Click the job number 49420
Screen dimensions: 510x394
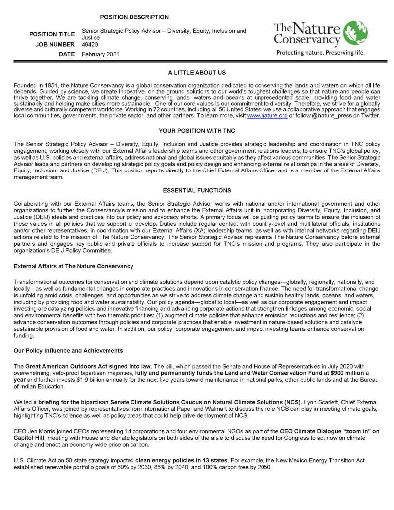click(x=90, y=45)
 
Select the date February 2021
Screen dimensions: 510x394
click(x=101, y=54)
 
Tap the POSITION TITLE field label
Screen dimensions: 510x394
click(x=52, y=35)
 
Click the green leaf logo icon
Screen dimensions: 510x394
click(x=355, y=33)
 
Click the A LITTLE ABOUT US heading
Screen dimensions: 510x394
click(x=197, y=73)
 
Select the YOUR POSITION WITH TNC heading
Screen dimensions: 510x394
click(x=197, y=131)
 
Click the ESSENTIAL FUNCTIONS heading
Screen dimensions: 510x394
click(x=197, y=190)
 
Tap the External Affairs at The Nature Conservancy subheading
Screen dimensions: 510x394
click(x=74, y=267)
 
